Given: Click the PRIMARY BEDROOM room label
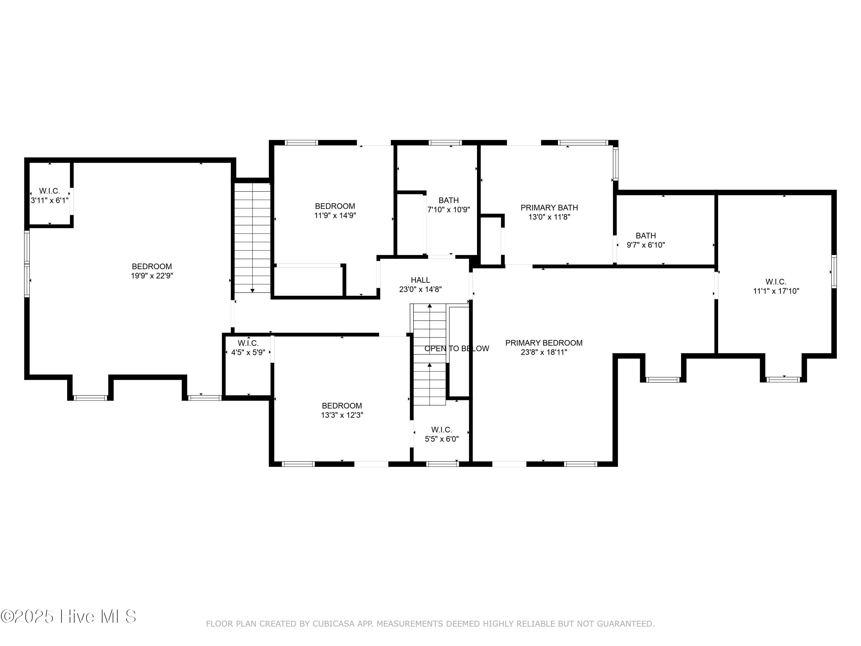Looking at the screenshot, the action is [544, 343].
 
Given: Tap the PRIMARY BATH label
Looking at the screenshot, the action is [549, 208].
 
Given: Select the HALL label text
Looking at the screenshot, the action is [420, 280].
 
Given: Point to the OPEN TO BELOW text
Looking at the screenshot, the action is [457, 349].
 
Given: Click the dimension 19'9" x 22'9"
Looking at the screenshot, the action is [152, 276].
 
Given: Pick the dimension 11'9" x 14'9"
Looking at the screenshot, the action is [335, 215].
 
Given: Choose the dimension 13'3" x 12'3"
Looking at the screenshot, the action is [342, 415].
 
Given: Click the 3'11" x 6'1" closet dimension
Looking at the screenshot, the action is [50, 200].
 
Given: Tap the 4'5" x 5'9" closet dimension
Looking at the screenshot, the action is [248, 352].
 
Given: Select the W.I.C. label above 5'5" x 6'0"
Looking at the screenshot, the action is [442, 430].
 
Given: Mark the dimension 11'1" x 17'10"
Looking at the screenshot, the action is [776, 291].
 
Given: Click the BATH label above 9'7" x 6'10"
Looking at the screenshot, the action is [646, 236].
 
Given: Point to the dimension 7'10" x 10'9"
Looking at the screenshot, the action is [449, 210].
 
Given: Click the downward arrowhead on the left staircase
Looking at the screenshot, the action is [253, 291].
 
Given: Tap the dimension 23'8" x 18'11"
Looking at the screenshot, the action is [544, 352].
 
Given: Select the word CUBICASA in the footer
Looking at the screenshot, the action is [333, 624].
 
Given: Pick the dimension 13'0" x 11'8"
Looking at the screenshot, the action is [549, 217].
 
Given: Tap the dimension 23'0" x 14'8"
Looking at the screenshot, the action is [420, 289].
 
